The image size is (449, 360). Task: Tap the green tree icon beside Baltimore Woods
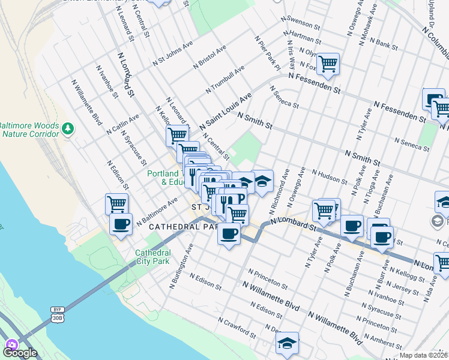[68, 128]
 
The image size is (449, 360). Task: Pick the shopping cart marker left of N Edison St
[116, 204]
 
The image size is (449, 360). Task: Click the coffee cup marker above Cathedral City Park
[121, 225]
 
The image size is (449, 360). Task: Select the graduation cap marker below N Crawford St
[287, 343]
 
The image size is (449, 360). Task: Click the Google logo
[20, 352]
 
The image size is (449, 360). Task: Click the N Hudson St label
[329, 176]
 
